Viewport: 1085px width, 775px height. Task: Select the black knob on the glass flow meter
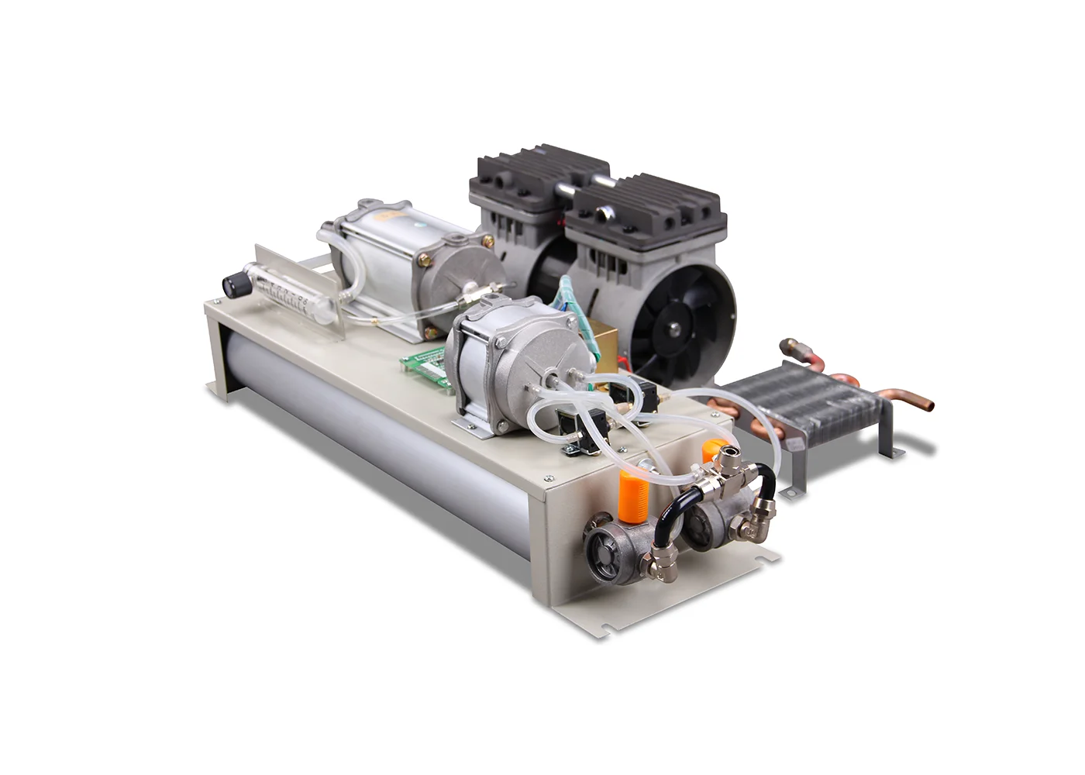click(x=231, y=284)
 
